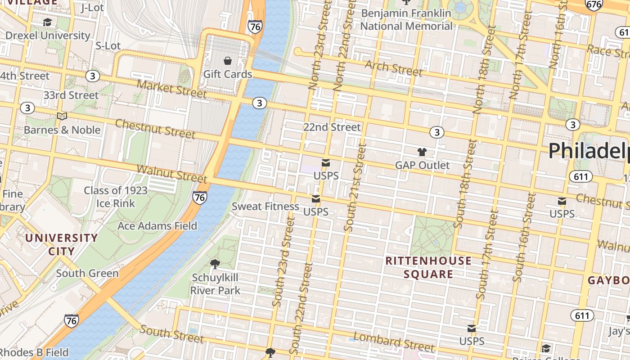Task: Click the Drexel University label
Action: [48, 35]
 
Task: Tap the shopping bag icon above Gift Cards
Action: [228, 61]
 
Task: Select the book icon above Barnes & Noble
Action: [62, 117]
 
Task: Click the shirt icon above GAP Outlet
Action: [422, 152]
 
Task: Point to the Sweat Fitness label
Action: [265, 207]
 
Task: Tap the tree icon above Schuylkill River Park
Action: [215, 264]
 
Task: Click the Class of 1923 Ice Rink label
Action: [116, 197]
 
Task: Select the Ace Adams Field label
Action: [157, 226]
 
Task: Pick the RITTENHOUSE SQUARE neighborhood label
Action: [428, 267]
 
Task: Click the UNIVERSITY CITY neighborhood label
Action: [61, 244]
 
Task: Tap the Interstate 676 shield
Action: [593, 4]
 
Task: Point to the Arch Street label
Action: [394, 68]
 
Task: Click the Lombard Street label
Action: [394, 342]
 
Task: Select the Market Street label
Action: [171, 89]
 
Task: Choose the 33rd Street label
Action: [71, 95]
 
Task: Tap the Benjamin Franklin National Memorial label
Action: [406, 20]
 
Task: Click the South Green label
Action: [87, 273]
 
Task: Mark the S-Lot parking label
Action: [108, 46]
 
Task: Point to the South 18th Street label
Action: [465, 183]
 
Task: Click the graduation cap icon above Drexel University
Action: [47, 22]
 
